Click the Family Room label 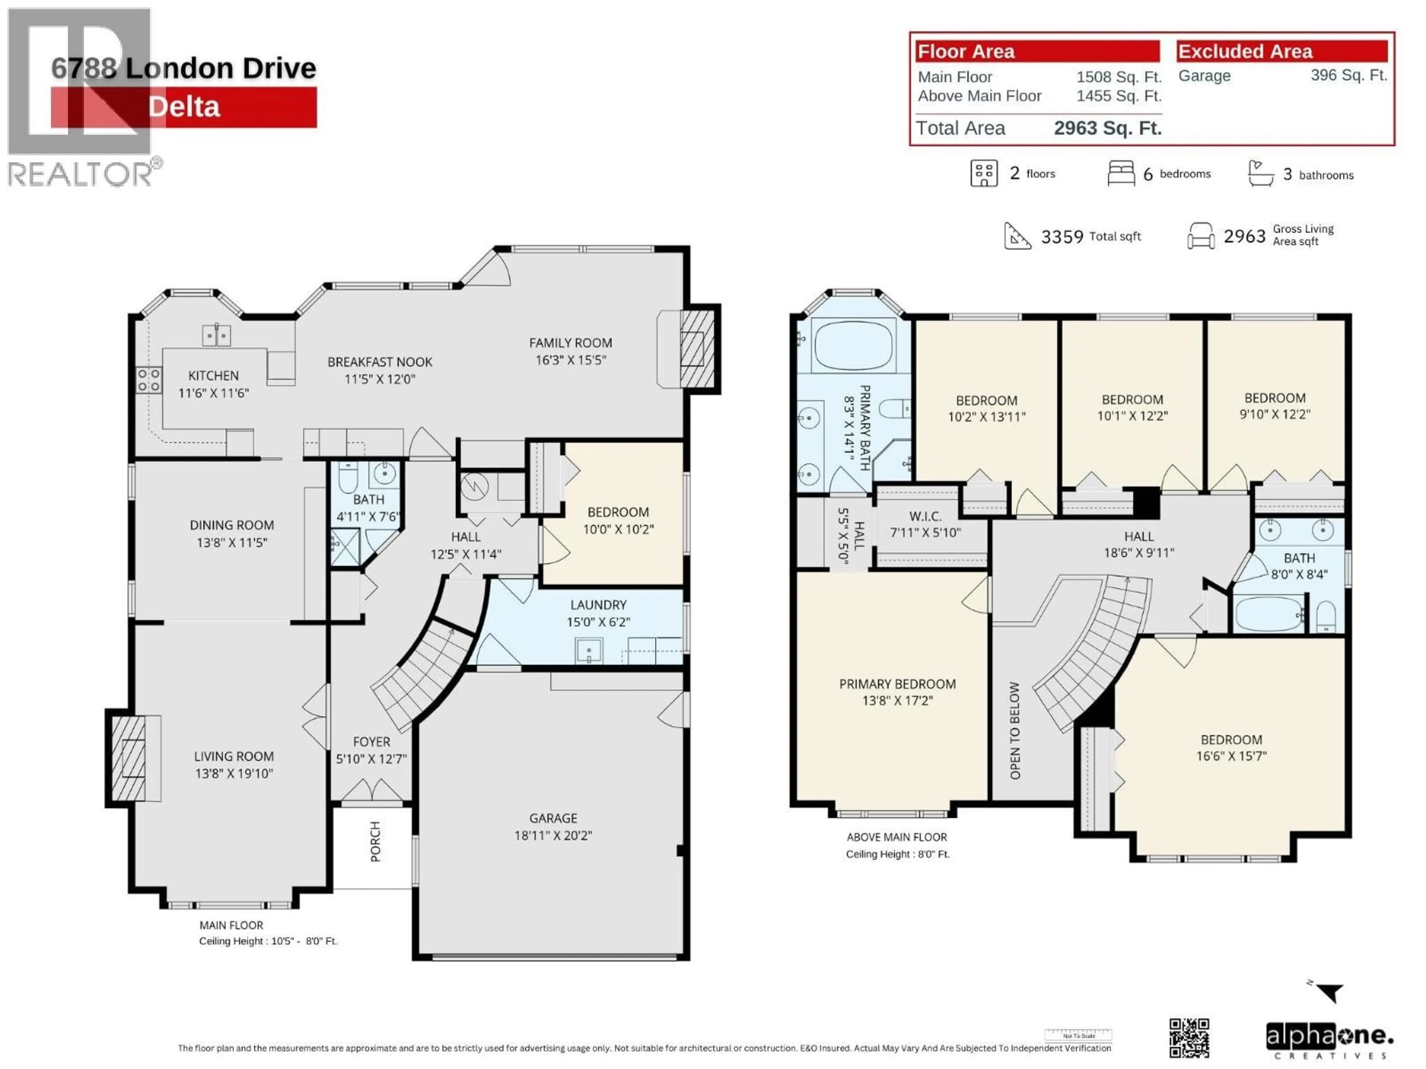point(570,343)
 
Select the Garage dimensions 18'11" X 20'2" point(553,835)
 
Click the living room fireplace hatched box point(128,758)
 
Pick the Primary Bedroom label point(897,684)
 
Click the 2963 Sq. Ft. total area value point(1107,128)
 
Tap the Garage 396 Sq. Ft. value point(1348,75)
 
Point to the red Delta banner point(184,107)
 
